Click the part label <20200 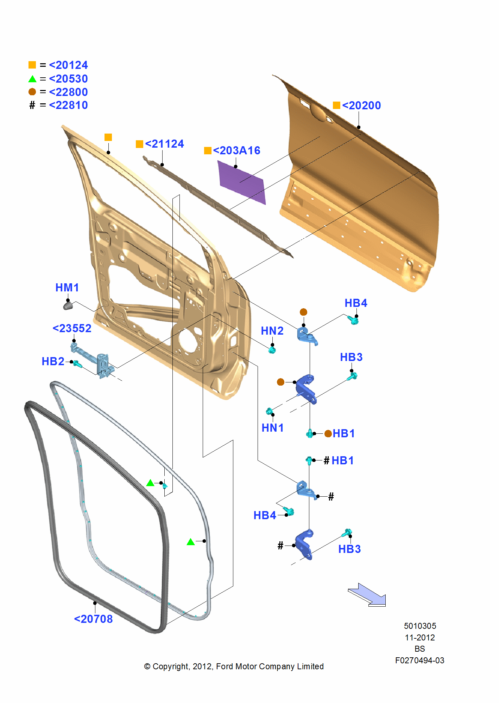tap(361, 105)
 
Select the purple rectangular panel tap(242, 182)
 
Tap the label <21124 tap(164, 144)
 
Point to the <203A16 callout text tap(236, 150)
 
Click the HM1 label tap(67, 288)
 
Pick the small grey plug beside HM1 tap(68, 305)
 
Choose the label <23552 tap(72, 328)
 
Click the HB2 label tap(53, 361)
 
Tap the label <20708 tap(93, 619)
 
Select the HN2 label tap(272, 331)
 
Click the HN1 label tap(272, 428)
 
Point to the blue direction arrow tap(368, 595)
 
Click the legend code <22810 tap(68, 105)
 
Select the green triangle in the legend tap(32, 79)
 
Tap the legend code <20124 tap(68, 65)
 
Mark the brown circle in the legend tap(32, 92)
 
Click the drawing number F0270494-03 tap(419, 660)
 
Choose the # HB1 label tap(339, 460)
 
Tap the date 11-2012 tap(420, 638)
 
